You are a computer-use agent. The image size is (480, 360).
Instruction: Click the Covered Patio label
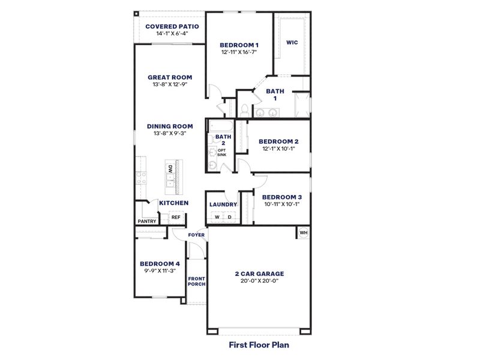point(172,26)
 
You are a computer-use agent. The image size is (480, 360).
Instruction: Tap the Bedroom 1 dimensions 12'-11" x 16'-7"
point(239,52)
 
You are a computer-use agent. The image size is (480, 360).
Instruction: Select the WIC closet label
point(292,43)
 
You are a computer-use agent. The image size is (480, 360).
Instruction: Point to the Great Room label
point(170,77)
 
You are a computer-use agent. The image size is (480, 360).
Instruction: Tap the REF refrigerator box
point(176,217)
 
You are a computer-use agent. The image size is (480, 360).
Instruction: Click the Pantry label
point(147,221)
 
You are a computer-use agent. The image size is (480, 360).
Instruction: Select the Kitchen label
point(173,203)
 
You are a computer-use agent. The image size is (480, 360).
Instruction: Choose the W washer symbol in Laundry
point(217,217)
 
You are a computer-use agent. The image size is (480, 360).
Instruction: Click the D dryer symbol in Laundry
point(229,217)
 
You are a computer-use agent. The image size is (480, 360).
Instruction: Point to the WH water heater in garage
point(303,232)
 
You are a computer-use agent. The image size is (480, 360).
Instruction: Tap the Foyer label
point(196,235)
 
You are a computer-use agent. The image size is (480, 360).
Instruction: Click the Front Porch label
point(196,281)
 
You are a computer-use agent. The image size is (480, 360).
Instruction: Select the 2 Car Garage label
point(259,274)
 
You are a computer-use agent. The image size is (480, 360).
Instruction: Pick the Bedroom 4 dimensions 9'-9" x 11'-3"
point(160,271)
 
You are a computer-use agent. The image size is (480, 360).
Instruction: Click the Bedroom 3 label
point(282,197)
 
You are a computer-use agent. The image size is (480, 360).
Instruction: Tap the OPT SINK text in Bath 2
point(222,152)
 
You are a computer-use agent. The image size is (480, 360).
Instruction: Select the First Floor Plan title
point(259,345)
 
